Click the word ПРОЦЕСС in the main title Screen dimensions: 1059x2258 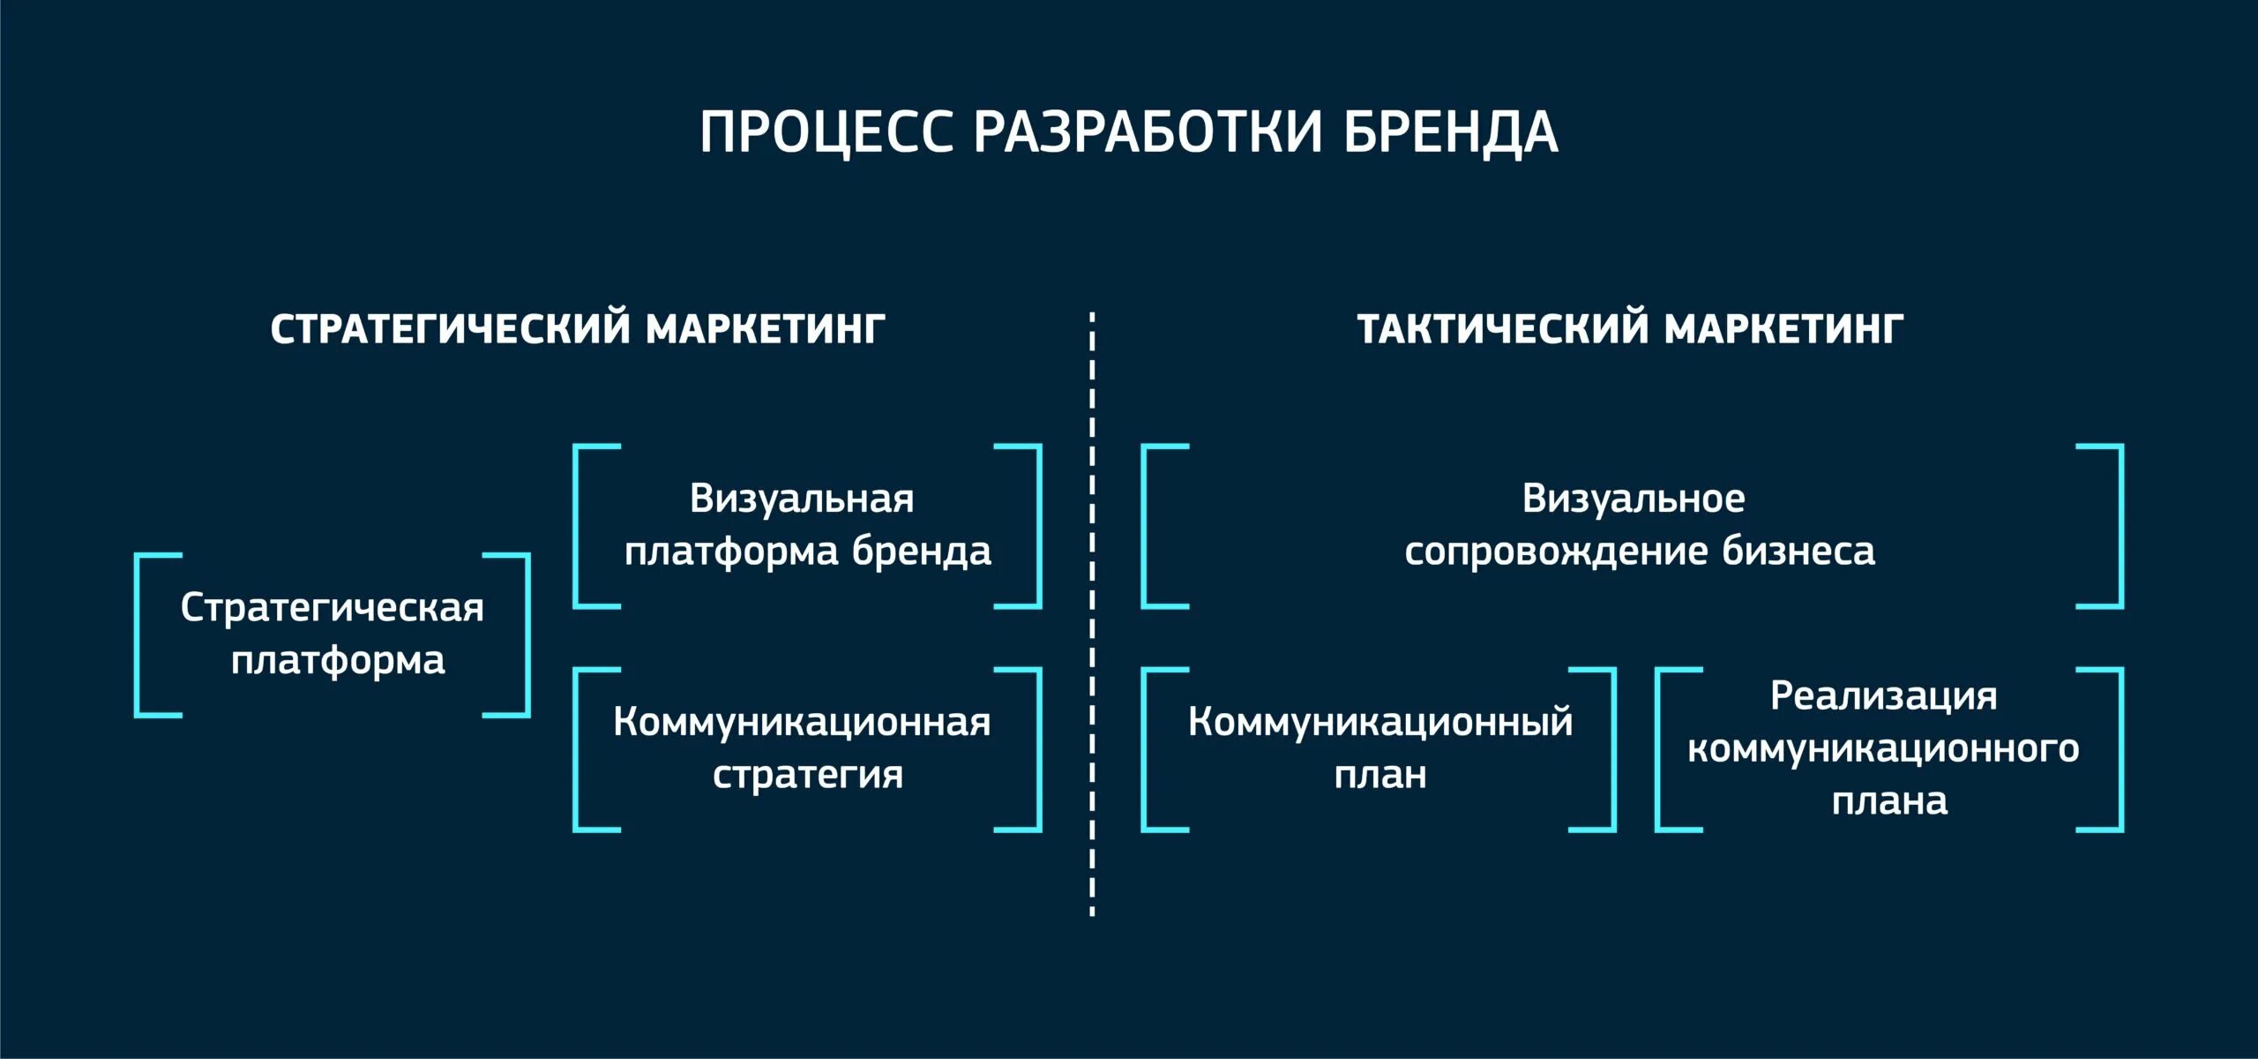click(x=826, y=133)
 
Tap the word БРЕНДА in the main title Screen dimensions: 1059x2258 click(x=1450, y=133)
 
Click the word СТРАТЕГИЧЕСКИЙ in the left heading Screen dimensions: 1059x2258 click(x=451, y=329)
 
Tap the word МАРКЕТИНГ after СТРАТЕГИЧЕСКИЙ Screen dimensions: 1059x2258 click(x=765, y=329)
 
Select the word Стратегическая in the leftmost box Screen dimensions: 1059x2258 click(x=333, y=609)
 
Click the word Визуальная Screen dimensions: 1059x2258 click(x=802, y=499)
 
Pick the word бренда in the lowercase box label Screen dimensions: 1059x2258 click(x=921, y=552)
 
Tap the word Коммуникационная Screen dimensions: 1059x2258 click(x=802, y=722)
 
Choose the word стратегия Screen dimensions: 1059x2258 click(x=808, y=775)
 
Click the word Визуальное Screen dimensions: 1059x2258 click(x=1634, y=499)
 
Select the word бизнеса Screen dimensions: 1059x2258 click(x=1798, y=552)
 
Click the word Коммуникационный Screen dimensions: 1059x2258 click(x=1380, y=722)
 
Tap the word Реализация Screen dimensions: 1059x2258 click(x=1883, y=696)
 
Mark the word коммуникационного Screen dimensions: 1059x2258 click(x=1883, y=749)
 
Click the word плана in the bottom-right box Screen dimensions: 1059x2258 click(x=1889, y=801)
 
